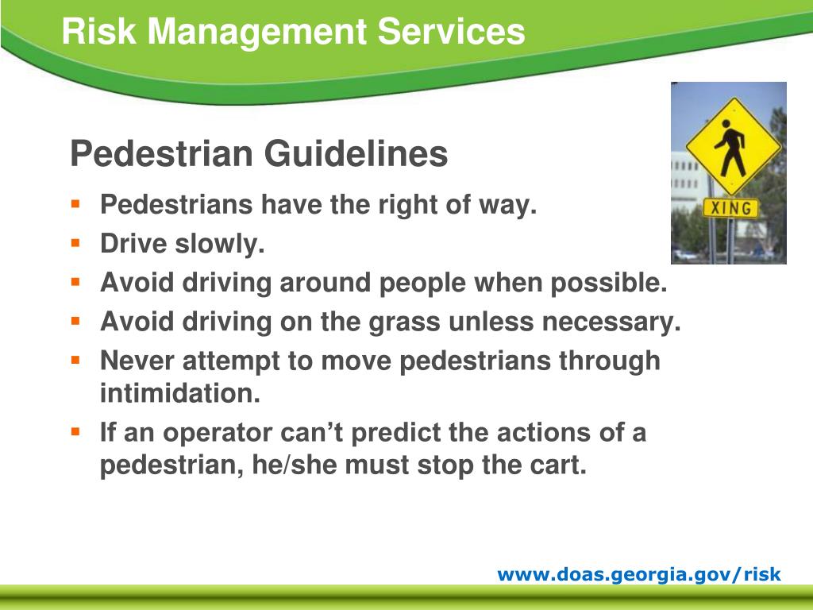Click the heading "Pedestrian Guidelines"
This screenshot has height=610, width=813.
[x=259, y=154]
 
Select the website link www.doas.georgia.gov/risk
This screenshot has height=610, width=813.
[x=639, y=574]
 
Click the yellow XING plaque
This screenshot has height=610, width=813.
[x=730, y=208]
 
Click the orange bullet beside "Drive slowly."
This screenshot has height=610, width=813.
[x=76, y=242]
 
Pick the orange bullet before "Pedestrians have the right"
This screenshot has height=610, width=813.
[x=76, y=203]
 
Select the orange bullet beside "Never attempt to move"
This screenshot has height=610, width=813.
[x=76, y=359]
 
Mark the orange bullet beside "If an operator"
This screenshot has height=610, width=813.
[x=76, y=431]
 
